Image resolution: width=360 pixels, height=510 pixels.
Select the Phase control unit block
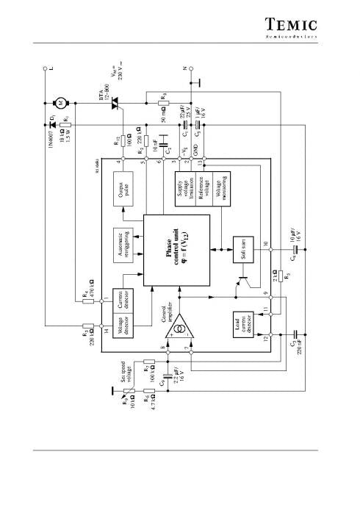coord(176,249)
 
